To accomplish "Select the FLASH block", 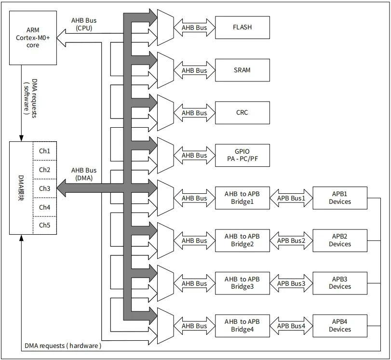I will tap(242, 27).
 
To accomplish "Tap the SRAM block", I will tap(242, 70).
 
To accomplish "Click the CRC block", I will tap(242, 113).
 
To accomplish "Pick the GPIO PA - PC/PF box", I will tap(242, 155).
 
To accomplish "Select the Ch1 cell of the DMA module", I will tap(44, 151).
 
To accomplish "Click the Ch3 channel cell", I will tap(44, 188).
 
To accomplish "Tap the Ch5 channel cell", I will tap(44, 226).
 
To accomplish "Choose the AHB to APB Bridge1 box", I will tap(242, 198).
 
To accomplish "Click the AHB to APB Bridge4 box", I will tap(242, 326).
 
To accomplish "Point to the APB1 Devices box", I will tap(339, 198).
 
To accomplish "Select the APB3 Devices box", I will tap(339, 283).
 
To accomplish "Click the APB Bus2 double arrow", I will tap(291, 240).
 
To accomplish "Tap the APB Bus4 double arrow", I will tap(291, 326).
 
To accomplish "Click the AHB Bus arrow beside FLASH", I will tap(194, 27).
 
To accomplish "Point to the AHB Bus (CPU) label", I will tap(84, 24).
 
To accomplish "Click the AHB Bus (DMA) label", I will tap(84, 174).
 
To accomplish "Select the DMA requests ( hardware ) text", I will tap(63, 346).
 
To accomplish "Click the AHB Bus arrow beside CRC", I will tap(194, 113).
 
